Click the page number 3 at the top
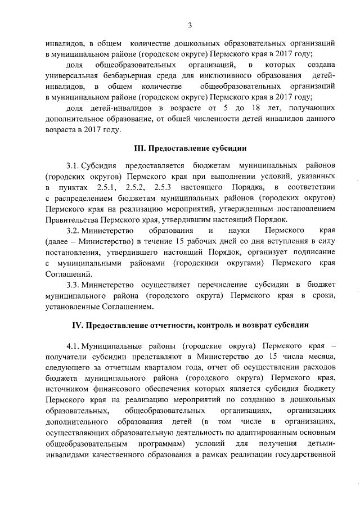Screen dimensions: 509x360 pyautogui.click(x=190, y=25)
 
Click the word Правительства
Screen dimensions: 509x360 pyautogui.click(x=72, y=220)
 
